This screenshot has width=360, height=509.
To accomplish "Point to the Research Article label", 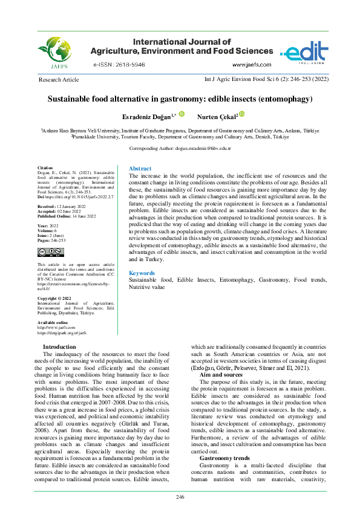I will click(x=58, y=80).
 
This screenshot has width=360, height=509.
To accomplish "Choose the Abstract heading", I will click(x=141, y=169).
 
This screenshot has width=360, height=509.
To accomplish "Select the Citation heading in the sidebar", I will click(x=45, y=167).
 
